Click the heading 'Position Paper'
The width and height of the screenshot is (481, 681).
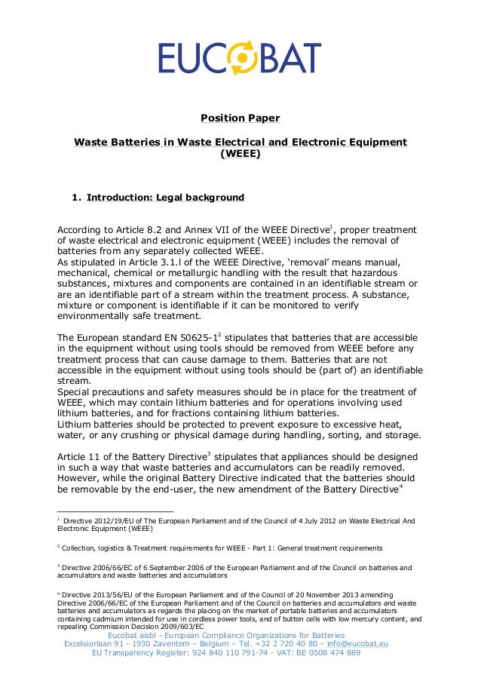point(239,118)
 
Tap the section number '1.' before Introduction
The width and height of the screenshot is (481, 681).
point(76,198)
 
